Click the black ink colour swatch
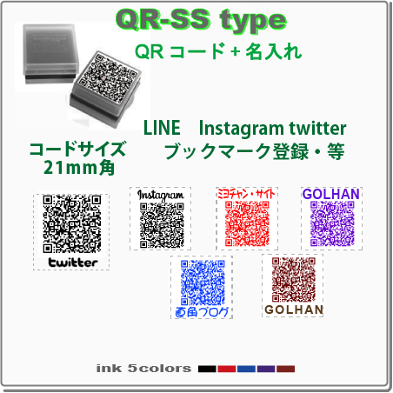pos(207,369)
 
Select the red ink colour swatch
pos(227,369)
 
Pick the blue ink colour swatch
pos(246,369)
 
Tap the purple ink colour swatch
pos(266,369)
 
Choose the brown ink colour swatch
pos(285,369)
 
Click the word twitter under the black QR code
pos(73,263)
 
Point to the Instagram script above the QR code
pos(161,196)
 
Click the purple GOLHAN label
pos(331,194)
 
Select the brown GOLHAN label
pos(294,310)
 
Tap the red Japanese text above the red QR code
pos(246,194)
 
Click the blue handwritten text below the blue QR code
pos(202,312)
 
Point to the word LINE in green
pos(162,128)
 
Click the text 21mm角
pos(79,168)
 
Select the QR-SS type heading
pos(201,19)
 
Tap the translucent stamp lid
pos(50,51)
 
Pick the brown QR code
pos(294,280)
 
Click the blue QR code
pos(203,283)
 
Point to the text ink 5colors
pos(143,369)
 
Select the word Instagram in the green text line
pos(242,129)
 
